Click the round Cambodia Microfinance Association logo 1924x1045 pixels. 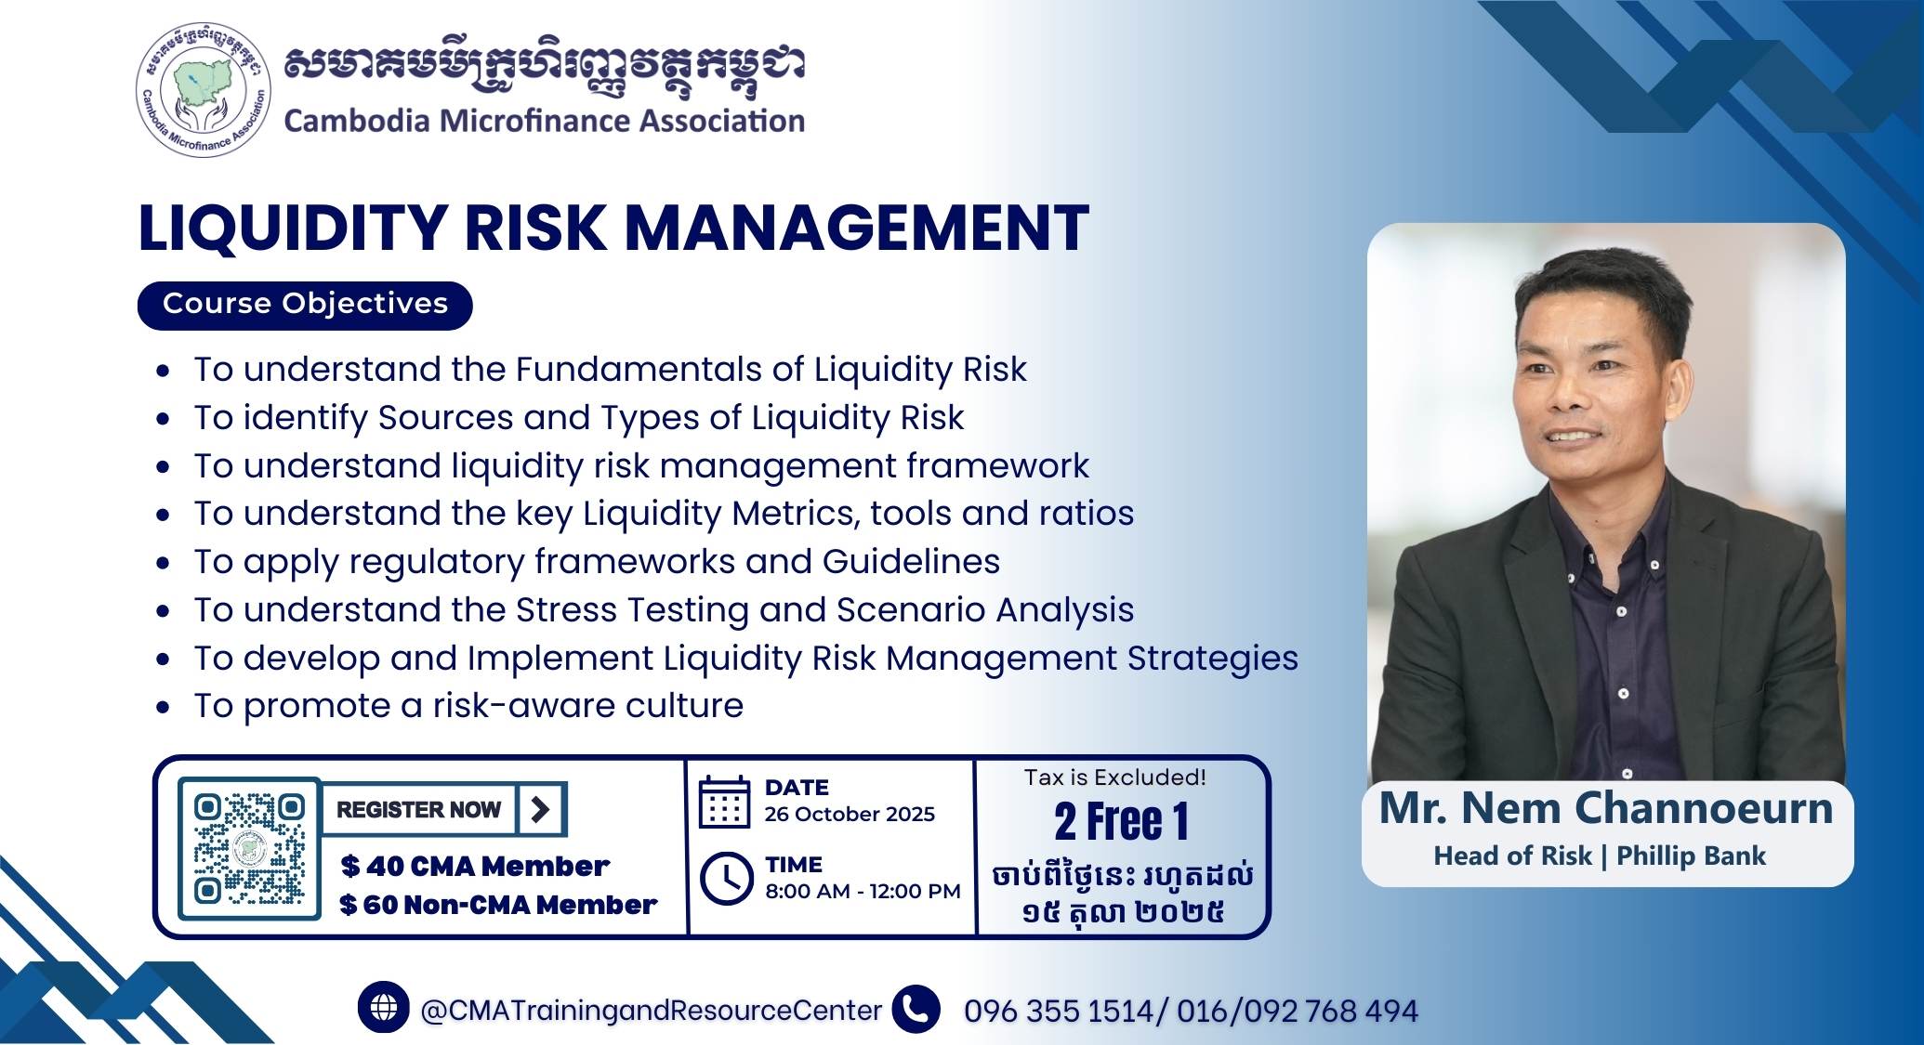(x=204, y=89)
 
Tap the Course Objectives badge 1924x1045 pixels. (x=305, y=305)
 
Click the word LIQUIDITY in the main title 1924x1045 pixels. (x=294, y=229)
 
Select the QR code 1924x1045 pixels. (x=249, y=848)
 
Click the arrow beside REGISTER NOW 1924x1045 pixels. (x=540, y=809)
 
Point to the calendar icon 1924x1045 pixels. (x=724, y=802)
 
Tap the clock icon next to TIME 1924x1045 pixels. (x=726, y=877)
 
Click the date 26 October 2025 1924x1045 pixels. (x=850, y=815)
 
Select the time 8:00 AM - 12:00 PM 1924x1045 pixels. (x=863, y=892)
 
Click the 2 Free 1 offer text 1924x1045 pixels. (x=1121, y=822)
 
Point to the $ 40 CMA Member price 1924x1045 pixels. (x=475, y=867)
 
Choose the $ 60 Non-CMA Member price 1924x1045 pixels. (x=498, y=905)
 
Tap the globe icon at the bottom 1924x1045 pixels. (x=383, y=1008)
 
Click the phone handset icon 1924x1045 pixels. (x=916, y=1009)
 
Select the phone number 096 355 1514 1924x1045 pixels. (x=1059, y=1011)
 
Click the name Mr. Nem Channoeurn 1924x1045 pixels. (x=1606, y=808)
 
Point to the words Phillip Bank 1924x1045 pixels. (x=1691, y=856)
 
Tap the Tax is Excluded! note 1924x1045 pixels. (x=1115, y=777)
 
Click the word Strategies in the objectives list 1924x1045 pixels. (x=1213, y=660)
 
